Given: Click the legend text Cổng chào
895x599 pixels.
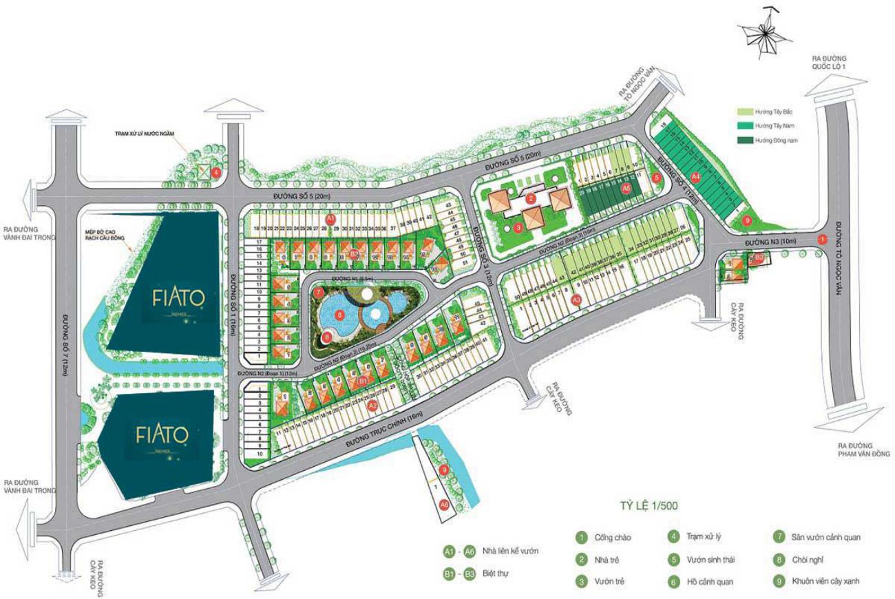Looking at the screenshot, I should pos(613,538).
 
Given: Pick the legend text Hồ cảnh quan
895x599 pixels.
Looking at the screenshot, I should pos(710,582).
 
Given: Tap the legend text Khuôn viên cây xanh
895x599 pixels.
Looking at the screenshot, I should pos(826,582).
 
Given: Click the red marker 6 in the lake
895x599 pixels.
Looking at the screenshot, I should pos(339,314).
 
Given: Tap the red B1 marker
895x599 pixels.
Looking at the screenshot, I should pos(363,379).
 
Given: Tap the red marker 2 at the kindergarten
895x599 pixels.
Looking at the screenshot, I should pos(531,199).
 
